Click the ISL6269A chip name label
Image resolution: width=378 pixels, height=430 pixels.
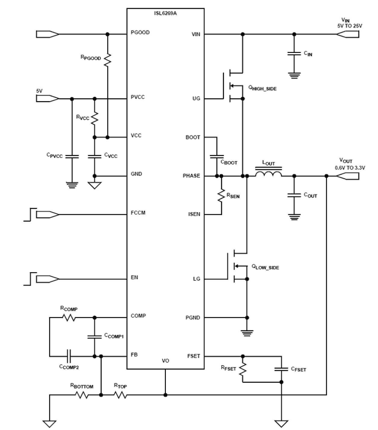(x=165, y=13)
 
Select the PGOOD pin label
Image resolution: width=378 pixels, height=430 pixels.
(x=140, y=32)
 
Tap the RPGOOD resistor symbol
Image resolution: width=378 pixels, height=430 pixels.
(x=107, y=60)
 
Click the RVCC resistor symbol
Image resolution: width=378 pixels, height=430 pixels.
(x=94, y=118)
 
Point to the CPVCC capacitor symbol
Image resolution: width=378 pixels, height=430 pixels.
(x=72, y=156)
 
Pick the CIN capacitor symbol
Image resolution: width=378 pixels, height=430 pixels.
(x=294, y=54)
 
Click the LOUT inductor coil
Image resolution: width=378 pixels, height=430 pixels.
(x=268, y=174)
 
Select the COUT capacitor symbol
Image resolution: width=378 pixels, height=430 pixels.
(x=294, y=195)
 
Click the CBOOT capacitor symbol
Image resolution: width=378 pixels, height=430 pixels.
(x=217, y=156)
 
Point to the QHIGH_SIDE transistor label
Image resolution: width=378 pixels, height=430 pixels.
(x=262, y=88)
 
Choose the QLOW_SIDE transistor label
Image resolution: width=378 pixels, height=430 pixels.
(x=265, y=267)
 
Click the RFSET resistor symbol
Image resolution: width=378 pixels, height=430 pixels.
(x=243, y=369)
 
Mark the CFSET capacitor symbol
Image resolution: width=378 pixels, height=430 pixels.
(x=281, y=369)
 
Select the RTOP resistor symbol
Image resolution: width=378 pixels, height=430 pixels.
(x=120, y=395)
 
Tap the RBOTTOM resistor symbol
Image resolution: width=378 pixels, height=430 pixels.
(x=82, y=395)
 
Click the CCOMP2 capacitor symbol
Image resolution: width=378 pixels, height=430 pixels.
(x=69, y=356)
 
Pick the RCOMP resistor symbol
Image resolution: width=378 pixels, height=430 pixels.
(x=69, y=317)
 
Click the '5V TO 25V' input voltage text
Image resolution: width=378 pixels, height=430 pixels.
(x=349, y=26)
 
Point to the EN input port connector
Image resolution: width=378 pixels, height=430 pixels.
(x=47, y=279)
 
